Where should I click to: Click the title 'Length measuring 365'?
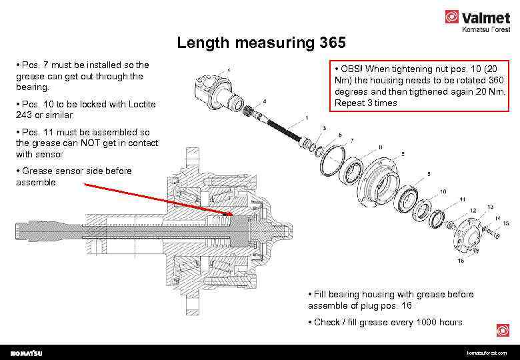click(261, 45)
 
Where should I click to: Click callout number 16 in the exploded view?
click(461, 261)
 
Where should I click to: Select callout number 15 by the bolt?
click(506, 223)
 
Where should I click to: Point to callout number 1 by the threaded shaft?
click(307, 119)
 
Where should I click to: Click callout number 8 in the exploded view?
click(380, 147)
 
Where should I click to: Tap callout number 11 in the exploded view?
click(462, 199)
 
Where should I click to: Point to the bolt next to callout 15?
click(494, 232)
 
